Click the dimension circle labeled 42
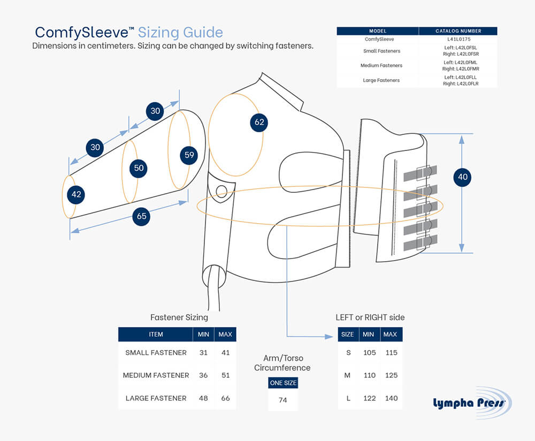[77, 194]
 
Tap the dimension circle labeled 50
[139, 168]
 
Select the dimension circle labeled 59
[189, 155]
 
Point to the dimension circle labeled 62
[259, 122]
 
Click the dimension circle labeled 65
[142, 217]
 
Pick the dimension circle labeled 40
[462, 177]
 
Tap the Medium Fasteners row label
[378, 65]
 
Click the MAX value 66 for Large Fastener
[225, 398]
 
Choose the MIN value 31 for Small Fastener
[203, 353]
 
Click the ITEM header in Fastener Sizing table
[156, 334]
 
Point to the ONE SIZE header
[283, 383]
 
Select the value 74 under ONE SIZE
[283, 400]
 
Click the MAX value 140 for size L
[391, 398]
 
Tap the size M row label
[347, 375]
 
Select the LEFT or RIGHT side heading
[370, 317]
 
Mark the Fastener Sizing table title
[179, 317]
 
